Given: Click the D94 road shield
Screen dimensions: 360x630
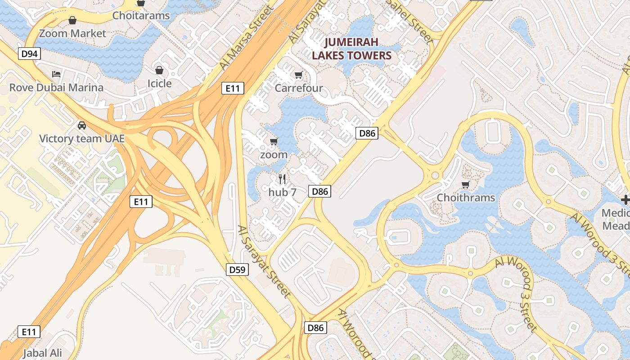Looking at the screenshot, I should coord(30,54).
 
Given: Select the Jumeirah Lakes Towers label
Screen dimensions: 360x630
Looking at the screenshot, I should coord(351,49).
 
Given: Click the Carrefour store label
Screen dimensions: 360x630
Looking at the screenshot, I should coord(299,88).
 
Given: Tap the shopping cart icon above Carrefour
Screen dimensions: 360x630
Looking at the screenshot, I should coord(298,75).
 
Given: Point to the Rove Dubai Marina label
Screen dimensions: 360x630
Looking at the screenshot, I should coord(56,87).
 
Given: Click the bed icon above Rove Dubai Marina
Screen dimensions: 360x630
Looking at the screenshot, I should coord(56,74).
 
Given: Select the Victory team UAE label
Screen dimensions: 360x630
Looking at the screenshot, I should coord(82,138).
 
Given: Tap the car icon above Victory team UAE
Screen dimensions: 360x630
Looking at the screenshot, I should coord(82,125).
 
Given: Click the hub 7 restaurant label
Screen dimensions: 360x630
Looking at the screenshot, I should coord(282,192).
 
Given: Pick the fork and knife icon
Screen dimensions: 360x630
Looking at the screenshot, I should coord(282,179).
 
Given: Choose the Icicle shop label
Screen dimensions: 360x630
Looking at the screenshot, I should coord(159,83).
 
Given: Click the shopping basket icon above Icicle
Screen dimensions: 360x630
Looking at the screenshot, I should coord(159,70).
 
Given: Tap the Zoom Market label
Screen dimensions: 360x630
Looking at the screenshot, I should coord(72,33).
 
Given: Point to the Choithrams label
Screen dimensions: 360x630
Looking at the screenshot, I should coord(466,198).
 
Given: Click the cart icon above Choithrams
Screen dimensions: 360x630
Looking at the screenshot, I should coord(466,184).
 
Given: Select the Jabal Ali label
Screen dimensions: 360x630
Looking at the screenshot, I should coord(42,353).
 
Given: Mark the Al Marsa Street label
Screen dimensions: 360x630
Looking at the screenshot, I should coord(247,38).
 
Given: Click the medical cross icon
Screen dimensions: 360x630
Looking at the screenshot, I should coord(625,199).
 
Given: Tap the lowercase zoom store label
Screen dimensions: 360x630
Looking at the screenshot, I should coord(274,154).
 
